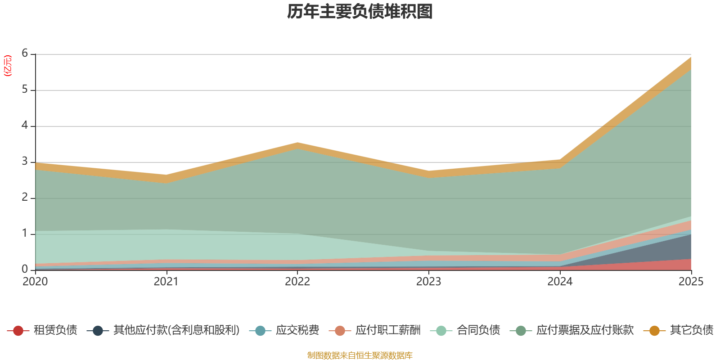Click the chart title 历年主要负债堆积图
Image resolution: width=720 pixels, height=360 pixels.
coord(360,12)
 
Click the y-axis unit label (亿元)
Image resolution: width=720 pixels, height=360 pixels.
coord(8,66)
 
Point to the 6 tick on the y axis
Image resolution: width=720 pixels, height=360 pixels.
coord(25,54)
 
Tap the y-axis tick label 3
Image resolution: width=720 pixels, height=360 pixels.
coord(25,162)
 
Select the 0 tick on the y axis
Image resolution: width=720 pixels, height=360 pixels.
coord(25,269)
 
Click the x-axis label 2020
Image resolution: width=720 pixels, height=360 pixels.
coord(35,282)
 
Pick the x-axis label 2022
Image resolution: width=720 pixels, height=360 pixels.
coord(297,282)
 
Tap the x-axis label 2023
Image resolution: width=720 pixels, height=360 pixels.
coord(428,282)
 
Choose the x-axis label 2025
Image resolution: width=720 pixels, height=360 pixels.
coord(691,282)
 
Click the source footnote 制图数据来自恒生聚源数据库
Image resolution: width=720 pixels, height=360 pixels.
coord(360,355)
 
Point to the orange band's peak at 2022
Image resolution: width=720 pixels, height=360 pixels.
coord(297,146)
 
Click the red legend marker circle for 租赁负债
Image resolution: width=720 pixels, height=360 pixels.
coord(18,331)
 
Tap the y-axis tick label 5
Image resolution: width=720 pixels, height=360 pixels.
coord(25,90)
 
